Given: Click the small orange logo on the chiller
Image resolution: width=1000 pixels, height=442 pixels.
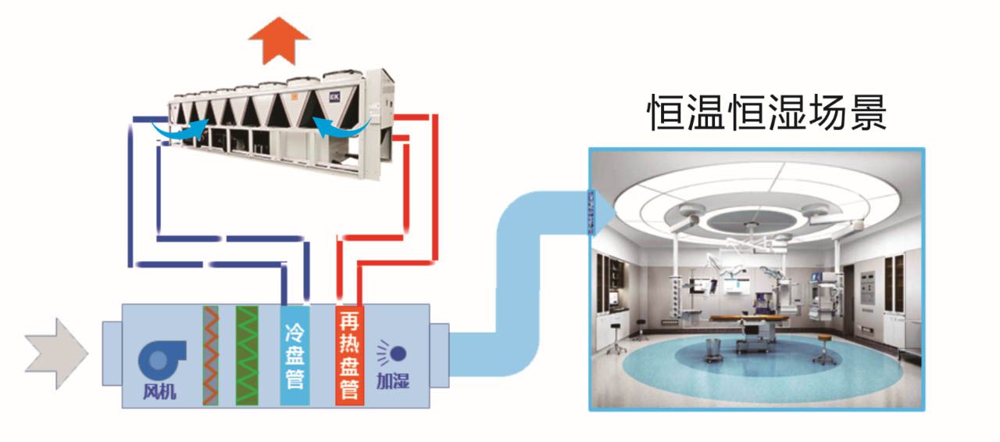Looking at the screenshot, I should pos(296,96).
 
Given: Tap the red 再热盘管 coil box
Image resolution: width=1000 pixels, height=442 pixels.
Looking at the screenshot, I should pos(349,356).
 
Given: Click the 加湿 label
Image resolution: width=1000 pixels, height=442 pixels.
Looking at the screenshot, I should pos(392,382).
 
